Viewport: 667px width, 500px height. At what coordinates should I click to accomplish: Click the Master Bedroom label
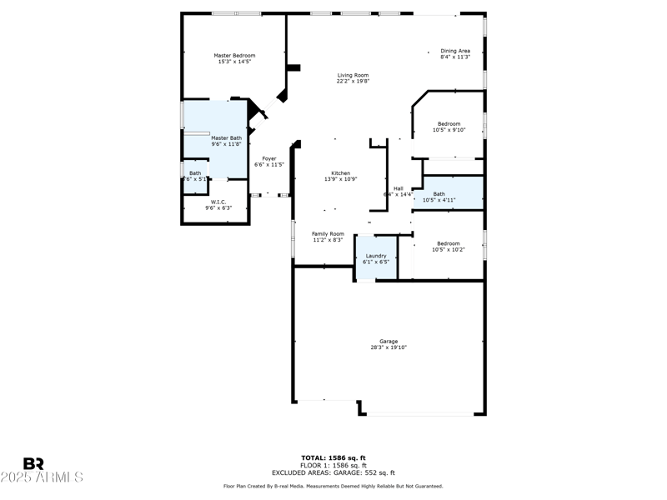click(234, 56)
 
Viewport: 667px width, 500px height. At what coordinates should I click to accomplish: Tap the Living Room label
click(353, 76)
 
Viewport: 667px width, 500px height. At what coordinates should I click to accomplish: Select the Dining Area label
click(455, 51)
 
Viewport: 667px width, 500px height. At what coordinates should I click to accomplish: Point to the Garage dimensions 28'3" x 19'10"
click(389, 347)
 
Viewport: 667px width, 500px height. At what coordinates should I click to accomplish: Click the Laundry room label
click(376, 256)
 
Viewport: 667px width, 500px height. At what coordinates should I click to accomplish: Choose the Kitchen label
click(341, 173)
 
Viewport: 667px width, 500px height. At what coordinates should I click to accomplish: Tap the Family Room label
click(328, 234)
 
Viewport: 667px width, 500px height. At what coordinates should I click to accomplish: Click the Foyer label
click(269, 158)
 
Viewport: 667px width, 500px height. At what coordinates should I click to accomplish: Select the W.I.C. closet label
click(218, 202)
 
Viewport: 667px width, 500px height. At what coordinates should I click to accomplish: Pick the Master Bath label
click(226, 138)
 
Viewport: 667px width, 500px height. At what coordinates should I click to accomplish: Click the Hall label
click(399, 188)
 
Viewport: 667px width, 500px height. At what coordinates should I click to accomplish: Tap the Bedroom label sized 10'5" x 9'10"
click(449, 124)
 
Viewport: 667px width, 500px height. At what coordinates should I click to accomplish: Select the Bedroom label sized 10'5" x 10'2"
click(449, 244)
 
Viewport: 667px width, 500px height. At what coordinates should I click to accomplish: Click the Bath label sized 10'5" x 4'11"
click(439, 194)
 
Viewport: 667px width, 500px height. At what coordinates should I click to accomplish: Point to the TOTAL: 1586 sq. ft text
click(333, 457)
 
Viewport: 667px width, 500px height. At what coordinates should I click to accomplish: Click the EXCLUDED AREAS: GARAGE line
click(333, 472)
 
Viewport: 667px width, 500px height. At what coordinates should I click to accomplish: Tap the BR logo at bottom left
click(33, 463)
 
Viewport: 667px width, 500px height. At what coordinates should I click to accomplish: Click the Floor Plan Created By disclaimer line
click(333, 486)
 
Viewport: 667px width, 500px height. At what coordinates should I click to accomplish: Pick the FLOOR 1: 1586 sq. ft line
click(333, 465)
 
